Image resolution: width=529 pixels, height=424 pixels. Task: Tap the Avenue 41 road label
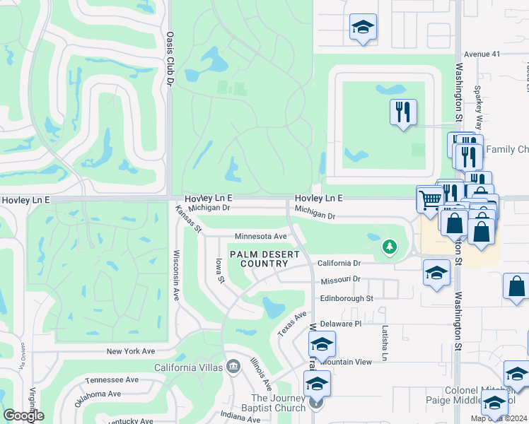point(482,54)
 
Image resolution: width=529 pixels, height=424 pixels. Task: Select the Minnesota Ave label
point(260,236)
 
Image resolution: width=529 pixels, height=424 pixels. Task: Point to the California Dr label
point(339,263)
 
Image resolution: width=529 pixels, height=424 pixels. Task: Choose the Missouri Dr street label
point(341,281)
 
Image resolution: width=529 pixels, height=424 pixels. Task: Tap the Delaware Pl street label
point(340,323)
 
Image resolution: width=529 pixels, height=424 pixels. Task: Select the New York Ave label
point(130,351)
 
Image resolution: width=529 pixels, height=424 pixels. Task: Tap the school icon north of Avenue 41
point(364,28)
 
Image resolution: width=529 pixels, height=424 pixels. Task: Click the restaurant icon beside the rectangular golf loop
point(403,112)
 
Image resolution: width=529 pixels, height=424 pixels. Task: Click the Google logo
point(23,416)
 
